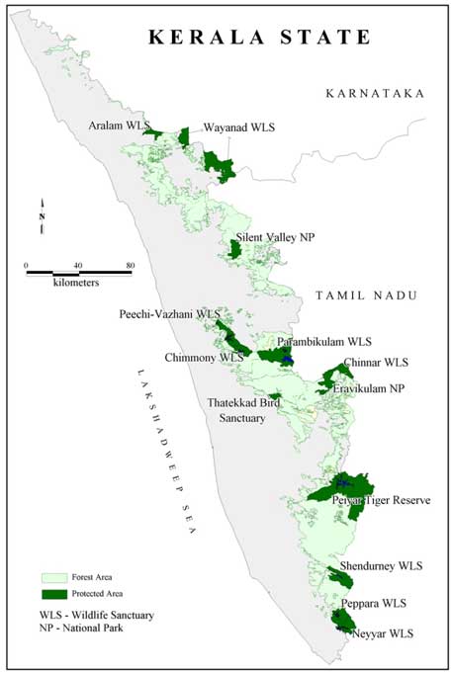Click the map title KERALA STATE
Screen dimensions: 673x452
259,38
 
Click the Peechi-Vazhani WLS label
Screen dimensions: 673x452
167,314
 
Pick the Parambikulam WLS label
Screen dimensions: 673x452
323,341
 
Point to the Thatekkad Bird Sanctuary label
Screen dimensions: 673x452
244,411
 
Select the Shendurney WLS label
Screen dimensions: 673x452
381,566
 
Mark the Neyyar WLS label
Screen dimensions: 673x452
381,632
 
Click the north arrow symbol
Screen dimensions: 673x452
42,219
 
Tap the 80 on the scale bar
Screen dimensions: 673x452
131,265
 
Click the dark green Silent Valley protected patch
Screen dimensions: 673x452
234,249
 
